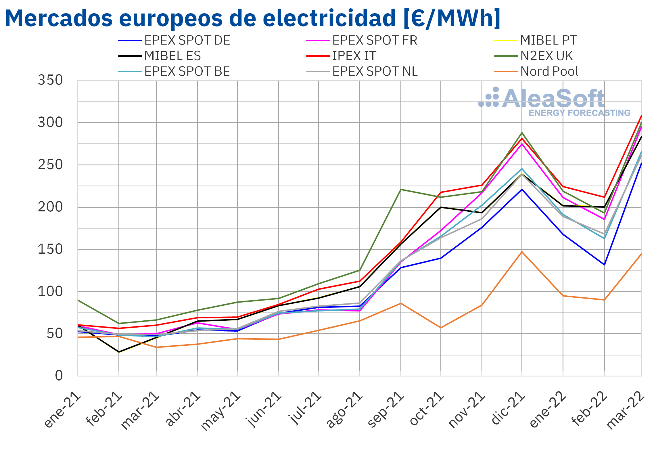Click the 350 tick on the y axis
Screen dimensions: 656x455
click(x=50, y=80)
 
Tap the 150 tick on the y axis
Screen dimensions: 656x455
click(x=50, y=249)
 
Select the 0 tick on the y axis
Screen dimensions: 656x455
click(x=59, y=376)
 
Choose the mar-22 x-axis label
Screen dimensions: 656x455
click(x=626, y=410)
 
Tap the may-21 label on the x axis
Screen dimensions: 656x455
click(x=220, y=411)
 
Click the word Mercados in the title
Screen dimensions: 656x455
click(x=59, y=18)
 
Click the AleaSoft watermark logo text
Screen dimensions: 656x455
click(x=554, y=98)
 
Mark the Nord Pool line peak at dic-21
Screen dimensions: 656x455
click(x=522, y=252)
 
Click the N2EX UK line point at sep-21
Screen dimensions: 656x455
click(x=401, y=190)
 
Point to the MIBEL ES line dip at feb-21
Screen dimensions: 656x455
click(x=119, y=352)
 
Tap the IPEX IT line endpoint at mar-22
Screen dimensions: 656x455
click(x=641, y=116)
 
